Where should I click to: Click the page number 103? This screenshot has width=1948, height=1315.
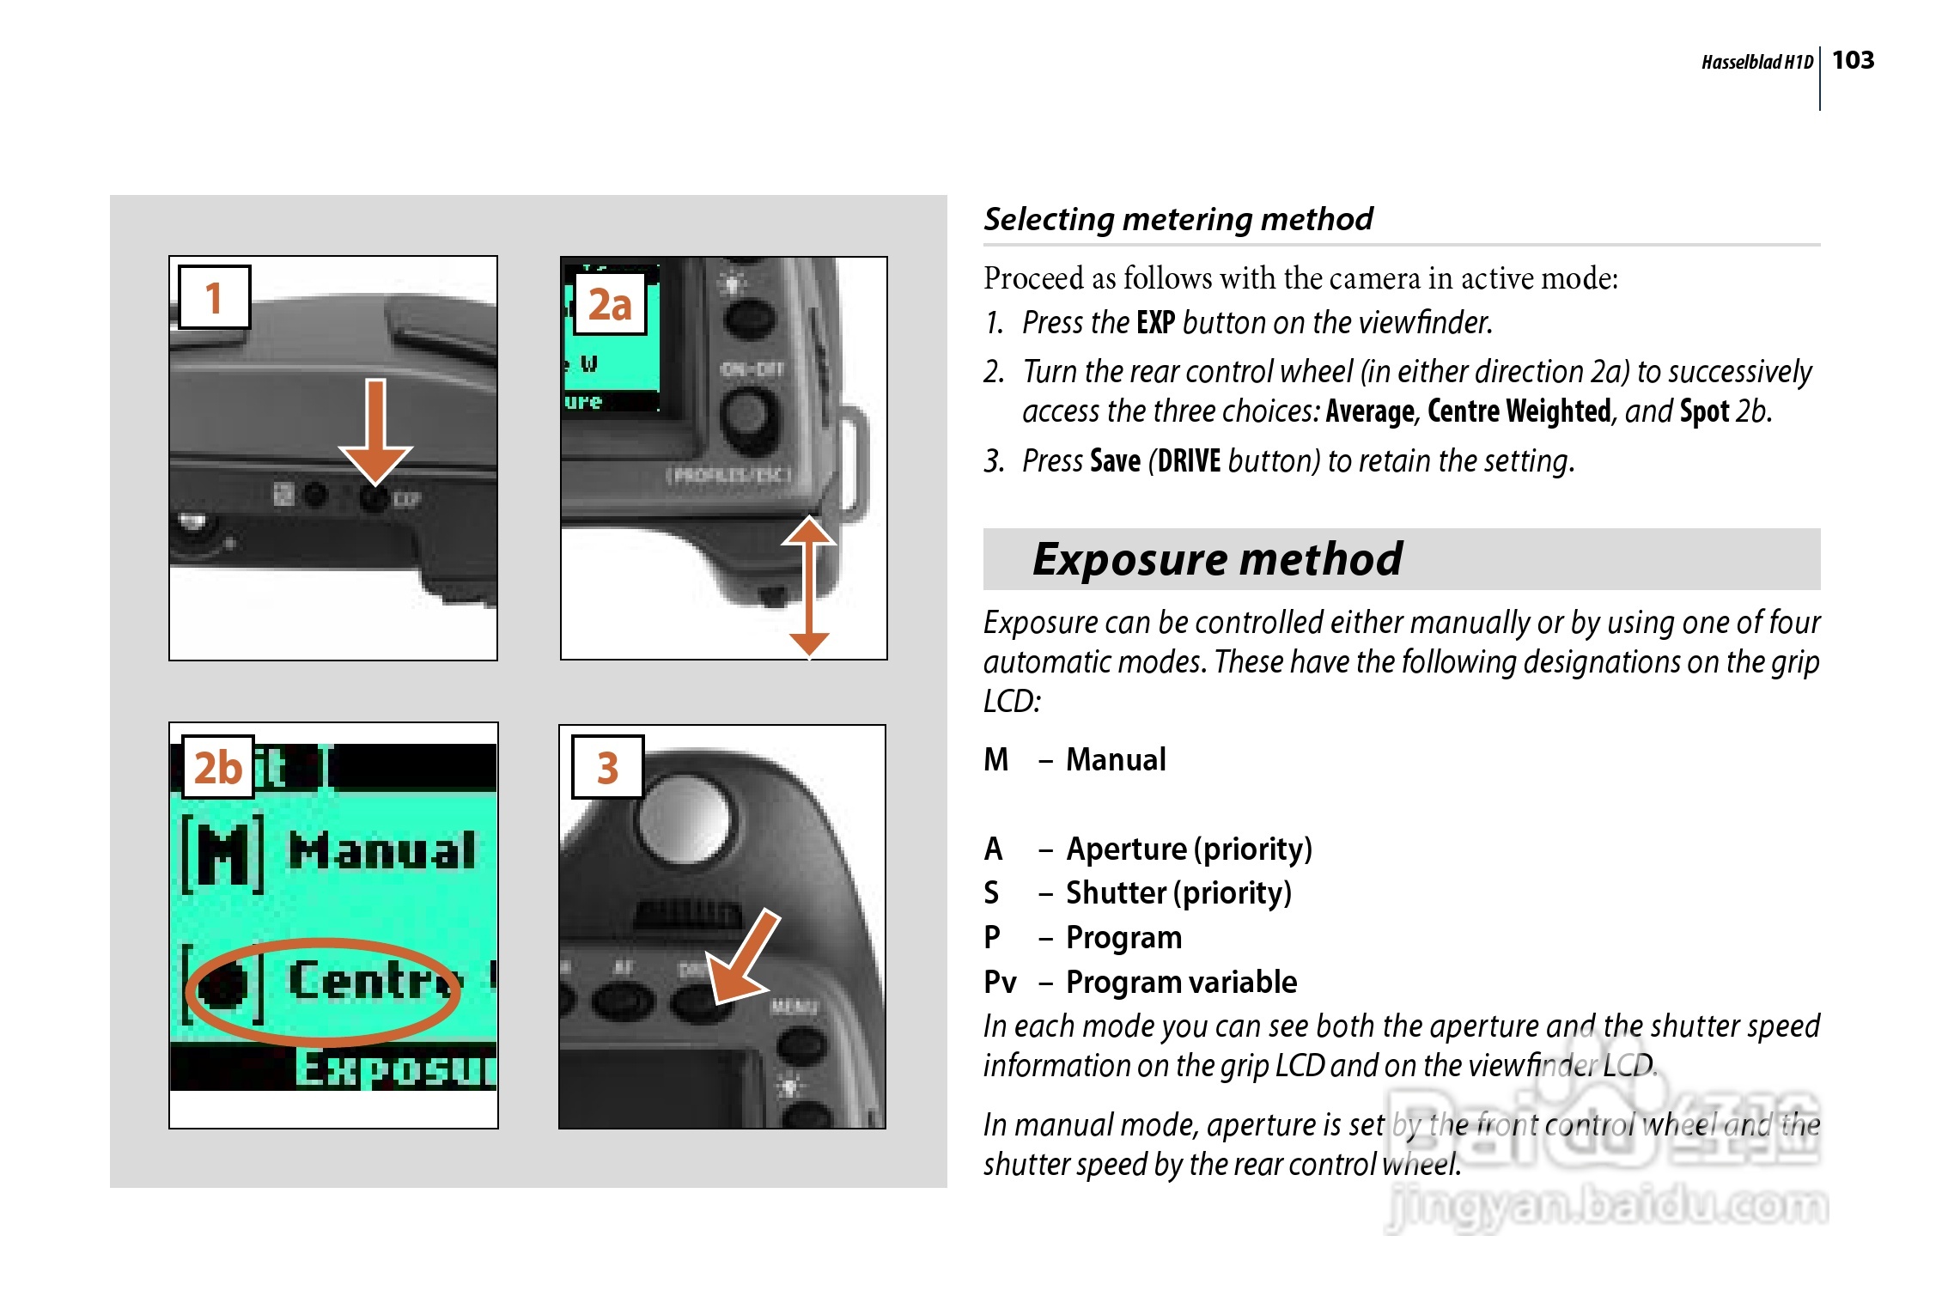click(x=1853, y=60)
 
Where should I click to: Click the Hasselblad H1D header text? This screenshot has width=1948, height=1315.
click(x=1756, y=62)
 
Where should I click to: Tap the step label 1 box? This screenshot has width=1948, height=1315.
click(x=214, y=297)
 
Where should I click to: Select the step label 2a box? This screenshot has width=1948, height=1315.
click(x=610, y=304)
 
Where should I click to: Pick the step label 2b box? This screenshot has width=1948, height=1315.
click(x=218, y=767)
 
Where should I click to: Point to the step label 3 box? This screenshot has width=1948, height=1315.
click(x=607, y=767)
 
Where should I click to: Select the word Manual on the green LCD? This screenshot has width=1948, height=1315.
click(x=381, y=850)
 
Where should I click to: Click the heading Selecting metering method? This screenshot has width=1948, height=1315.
click(x=1178, y=219)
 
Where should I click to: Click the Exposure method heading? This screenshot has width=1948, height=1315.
click(x=1217, y=559)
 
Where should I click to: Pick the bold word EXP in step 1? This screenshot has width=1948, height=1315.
click(x=1155, y=323)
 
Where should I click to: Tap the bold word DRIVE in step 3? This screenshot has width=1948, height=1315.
click(x=1189, y=461)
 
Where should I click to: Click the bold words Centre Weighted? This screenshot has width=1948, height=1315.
click(x=1519, y=411)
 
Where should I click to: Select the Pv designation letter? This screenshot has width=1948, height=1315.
click(x=1000, y=982)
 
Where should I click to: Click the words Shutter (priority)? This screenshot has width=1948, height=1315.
click(x=1178, y=893)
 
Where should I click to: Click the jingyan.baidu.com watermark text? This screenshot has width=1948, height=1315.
click(x=1606, y=1207)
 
